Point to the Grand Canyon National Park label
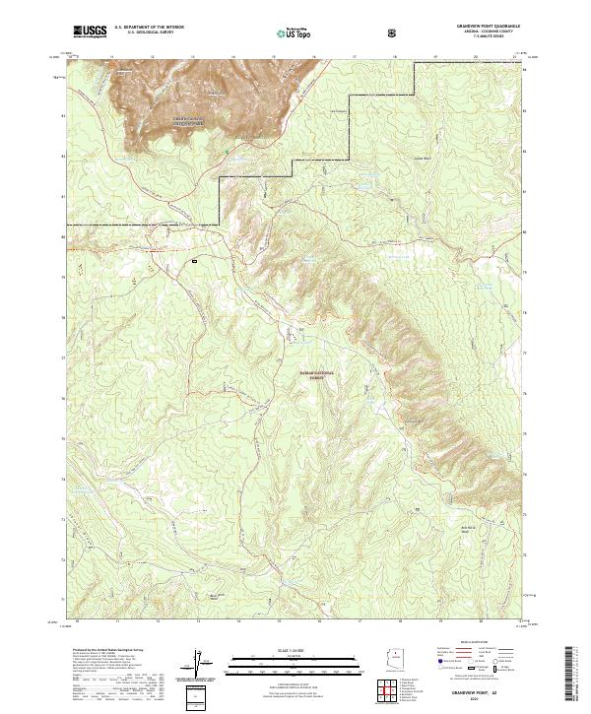point(164,122)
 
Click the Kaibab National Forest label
point(317,376)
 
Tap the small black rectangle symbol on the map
point(195,261)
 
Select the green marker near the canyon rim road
point(226,151)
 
